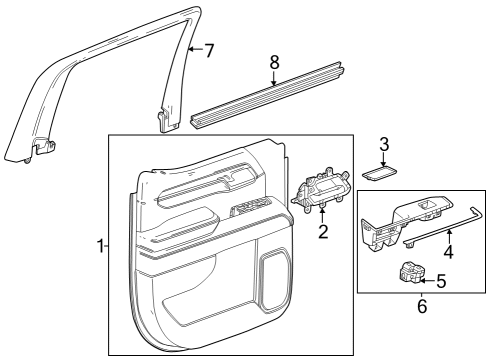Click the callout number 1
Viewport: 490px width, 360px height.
pyautogui.click(x=100, y=246)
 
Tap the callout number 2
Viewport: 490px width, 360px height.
pyautogui.click(x=323, y=233)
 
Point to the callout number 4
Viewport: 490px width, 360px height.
pyautogui.click(x=448, y=253)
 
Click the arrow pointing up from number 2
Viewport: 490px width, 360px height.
pyautogui.click(x=323, y=214)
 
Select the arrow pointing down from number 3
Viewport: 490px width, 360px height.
pyautogui.click(x=383, y=158)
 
